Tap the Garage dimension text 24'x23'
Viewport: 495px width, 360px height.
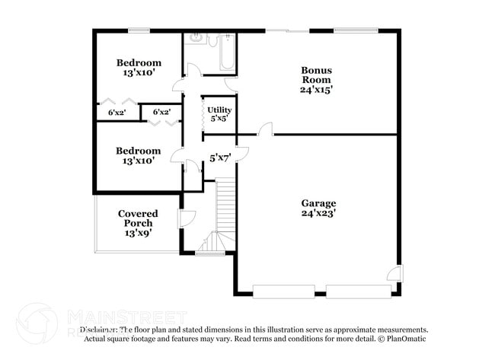click(318, 214)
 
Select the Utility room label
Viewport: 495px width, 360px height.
click(219, 110)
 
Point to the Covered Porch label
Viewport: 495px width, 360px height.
click(138, 218)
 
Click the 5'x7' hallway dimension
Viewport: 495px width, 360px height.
click(220, 158)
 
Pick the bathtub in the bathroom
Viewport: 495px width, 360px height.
click(228, 52)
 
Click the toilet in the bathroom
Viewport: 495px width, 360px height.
click(195, 38)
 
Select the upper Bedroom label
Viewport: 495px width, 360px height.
click(138, 62)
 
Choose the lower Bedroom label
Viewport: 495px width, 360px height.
click(138, 151)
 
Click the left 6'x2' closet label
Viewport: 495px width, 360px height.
click(117, 113)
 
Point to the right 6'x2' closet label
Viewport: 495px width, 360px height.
click(161, 113)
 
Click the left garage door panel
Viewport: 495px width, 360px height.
click(283, 291)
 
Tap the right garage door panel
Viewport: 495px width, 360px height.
click(358, 291)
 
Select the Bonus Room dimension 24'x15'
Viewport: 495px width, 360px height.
click(317, 89)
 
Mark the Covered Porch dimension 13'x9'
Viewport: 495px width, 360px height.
click(138, 233)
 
